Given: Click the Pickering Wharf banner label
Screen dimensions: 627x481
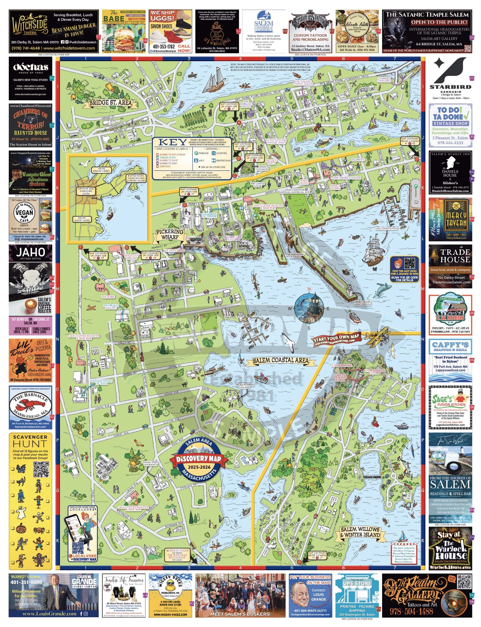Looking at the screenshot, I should [x=170, y=234].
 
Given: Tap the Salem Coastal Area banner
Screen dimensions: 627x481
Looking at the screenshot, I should [x=281, y=361].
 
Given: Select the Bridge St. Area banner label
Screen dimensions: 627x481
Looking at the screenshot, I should [x=111, y=103].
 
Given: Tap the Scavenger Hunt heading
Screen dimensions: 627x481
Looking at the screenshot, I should [x=30, y=441].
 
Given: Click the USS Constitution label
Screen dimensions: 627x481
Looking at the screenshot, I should [x=387, y=229].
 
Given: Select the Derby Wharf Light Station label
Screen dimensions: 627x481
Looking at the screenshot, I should [x=362, y=303].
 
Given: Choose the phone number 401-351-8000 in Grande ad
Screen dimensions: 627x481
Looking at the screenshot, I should [x=26, y=582].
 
